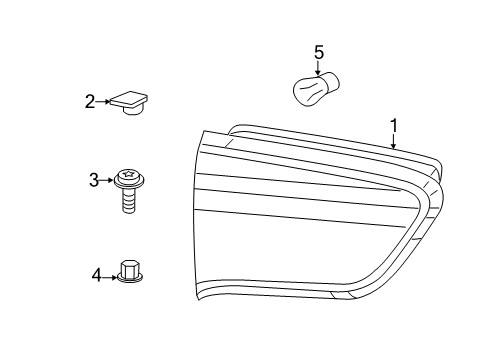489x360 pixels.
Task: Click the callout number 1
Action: [x=394, y=126]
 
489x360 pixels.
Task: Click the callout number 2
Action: [x=90, y=101]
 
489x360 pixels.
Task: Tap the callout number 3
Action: [x=94, y=180]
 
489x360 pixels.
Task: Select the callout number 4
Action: [x=97, y=273]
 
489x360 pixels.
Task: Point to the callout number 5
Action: [x=319, y=51]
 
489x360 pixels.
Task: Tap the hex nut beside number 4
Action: [x=128, y=270]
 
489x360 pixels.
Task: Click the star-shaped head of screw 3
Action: [x=127, y=177]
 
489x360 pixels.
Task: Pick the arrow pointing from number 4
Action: [x=110, y=273]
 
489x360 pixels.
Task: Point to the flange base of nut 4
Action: [x=128, y=279]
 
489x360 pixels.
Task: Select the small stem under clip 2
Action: [x=130, y=111]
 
